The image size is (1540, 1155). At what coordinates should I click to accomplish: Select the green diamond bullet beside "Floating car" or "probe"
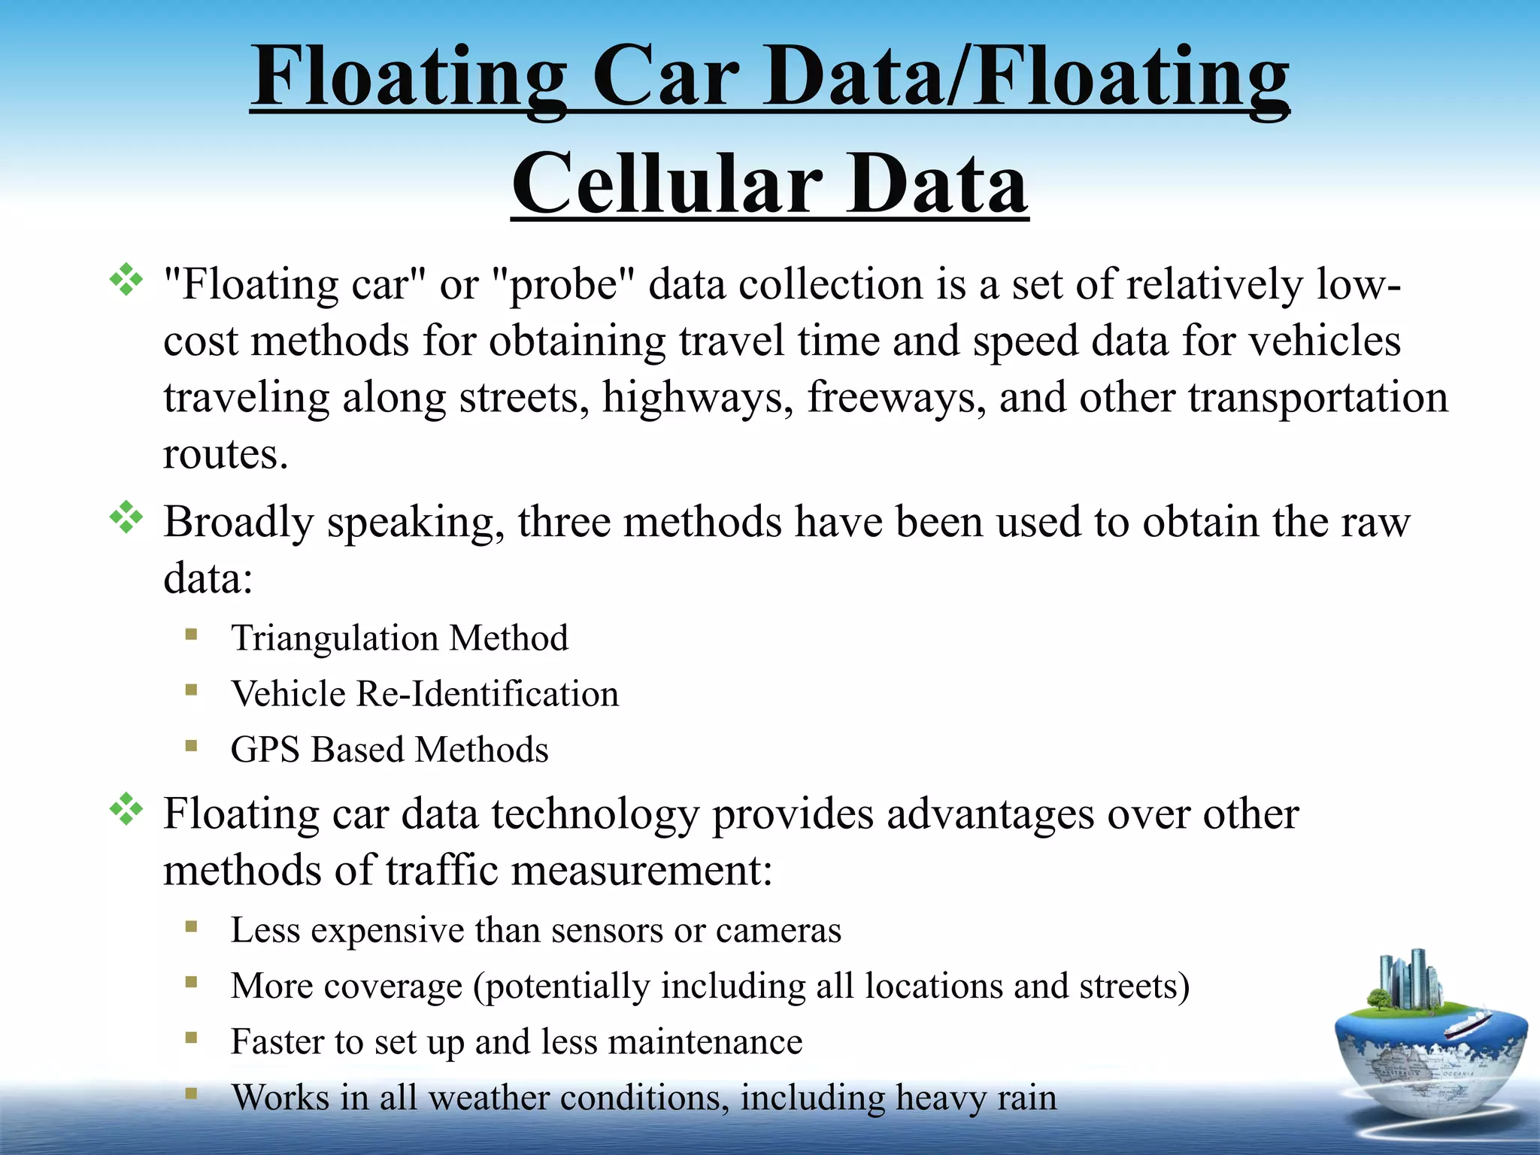click(x=126, y=280)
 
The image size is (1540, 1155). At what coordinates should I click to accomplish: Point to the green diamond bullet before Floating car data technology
click(x=126, y=809)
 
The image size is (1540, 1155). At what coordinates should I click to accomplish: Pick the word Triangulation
click(x=335, y=638)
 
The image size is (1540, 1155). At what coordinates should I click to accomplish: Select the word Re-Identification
click(x=487, y=694)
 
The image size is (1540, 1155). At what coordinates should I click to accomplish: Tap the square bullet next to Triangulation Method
click(x=192, y=634)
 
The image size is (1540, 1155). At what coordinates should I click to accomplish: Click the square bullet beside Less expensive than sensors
click(x=192, y=926)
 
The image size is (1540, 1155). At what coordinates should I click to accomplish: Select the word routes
click(x=225, y=454)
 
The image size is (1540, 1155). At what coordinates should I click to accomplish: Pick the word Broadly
click(x=238, y=523)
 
